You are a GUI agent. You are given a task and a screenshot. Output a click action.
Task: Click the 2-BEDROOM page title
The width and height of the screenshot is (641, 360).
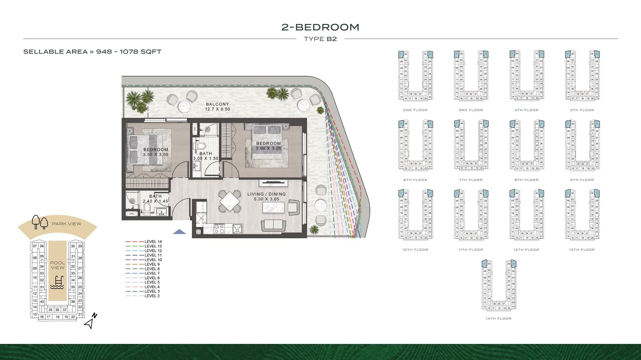(x=320, y=27)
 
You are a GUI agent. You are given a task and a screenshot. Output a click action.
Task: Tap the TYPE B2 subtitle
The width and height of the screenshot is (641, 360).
(x=320, y=39)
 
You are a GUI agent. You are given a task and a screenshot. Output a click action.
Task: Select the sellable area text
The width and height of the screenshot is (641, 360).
(x=92, y=52)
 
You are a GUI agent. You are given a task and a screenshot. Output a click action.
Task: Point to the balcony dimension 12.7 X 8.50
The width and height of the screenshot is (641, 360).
(x=217, y=109)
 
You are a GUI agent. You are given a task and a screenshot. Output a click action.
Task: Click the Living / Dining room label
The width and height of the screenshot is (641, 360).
(x=266, y=194)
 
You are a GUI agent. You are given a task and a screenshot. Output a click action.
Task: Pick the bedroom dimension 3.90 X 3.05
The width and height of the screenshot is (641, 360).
(x=268, y=148)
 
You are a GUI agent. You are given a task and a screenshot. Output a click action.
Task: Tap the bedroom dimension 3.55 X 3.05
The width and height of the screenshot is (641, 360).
(x=156, y=154)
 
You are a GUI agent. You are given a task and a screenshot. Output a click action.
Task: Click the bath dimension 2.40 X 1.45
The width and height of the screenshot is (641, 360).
(x=155, y=201)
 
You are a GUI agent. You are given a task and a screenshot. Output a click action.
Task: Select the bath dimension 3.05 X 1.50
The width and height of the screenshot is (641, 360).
(x=206, y=158)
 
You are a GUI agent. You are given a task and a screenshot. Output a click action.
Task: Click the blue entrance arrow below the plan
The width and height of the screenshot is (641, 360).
(x=180, y=232)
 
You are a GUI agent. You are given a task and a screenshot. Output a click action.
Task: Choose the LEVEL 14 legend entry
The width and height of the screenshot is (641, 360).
(x=153, y=242)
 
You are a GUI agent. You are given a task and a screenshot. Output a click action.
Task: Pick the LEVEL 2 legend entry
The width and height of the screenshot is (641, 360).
(x=152, y=296)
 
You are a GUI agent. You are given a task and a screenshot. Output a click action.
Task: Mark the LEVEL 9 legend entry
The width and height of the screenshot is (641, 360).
(x=152, y=264)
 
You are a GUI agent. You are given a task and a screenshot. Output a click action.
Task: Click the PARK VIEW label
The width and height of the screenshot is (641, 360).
(x=66, y=224)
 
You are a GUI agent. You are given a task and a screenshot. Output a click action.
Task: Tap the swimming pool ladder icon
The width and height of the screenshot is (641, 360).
(x=57, y=282)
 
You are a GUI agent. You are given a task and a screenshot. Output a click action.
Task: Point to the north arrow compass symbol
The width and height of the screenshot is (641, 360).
(x=90, y=321)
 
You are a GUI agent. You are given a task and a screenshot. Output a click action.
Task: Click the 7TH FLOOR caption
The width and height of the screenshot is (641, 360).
(x=471, y=180)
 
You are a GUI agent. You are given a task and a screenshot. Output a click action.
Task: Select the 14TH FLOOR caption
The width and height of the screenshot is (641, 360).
(x=498, y=319)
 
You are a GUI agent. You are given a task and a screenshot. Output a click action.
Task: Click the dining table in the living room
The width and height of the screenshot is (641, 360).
(x=229, y=201)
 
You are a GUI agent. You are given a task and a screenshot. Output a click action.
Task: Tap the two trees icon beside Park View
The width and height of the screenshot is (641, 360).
(x=40, y=222)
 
